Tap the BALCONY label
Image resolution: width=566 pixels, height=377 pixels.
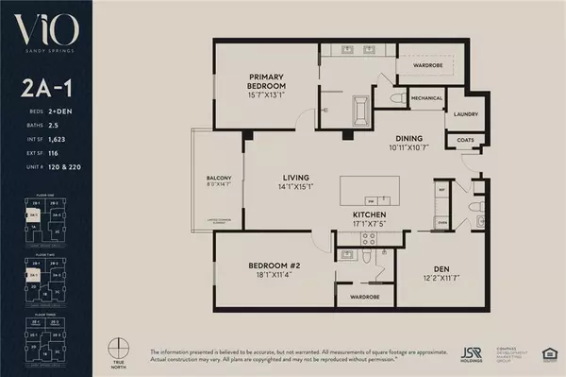(219, 178)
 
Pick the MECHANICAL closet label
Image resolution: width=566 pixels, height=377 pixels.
(426, 97)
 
